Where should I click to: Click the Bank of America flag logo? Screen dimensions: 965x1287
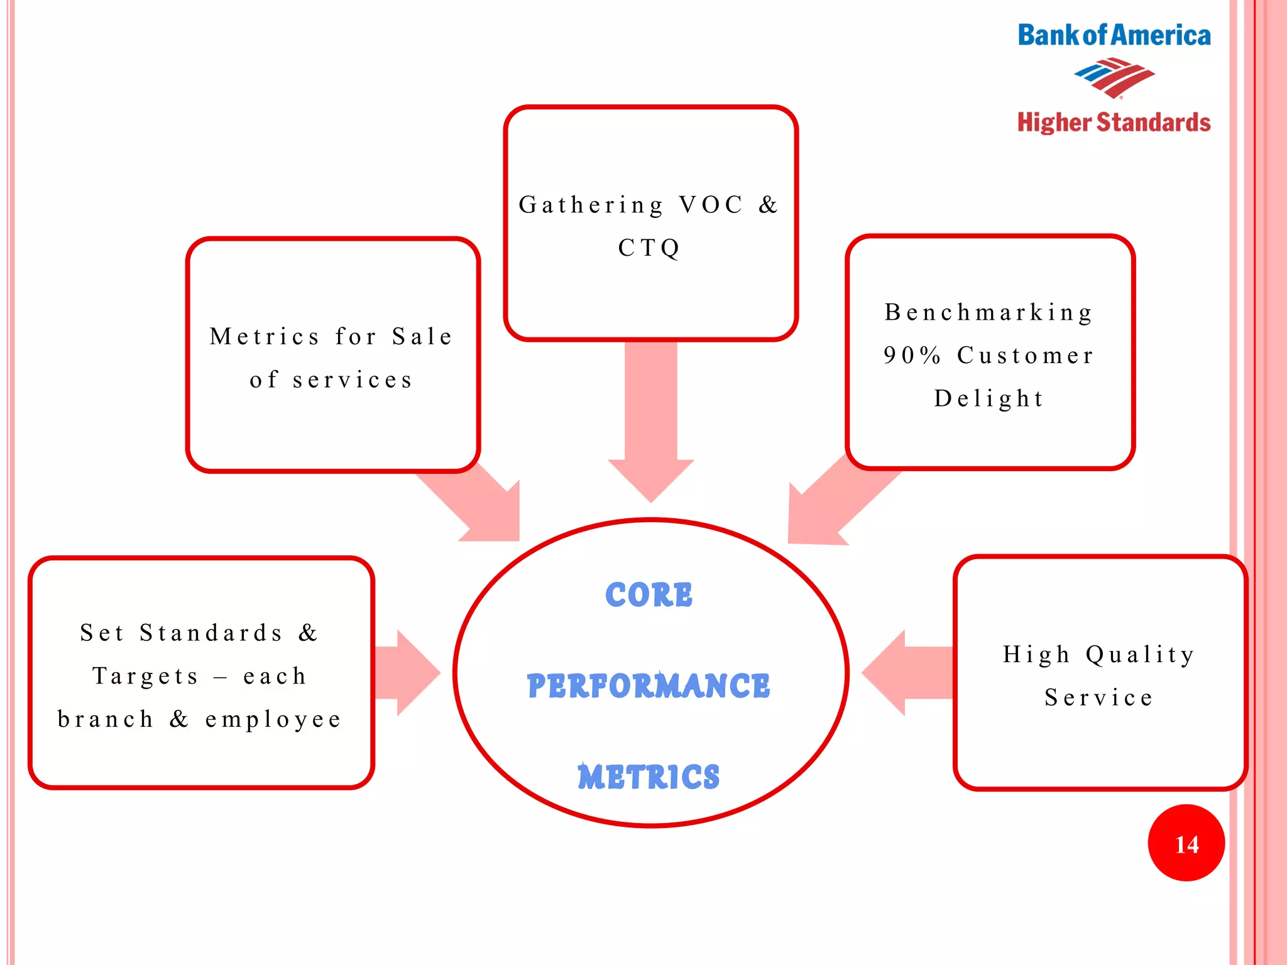pyautogui.click(x=1114, y=78)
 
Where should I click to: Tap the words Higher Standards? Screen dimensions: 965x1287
pyautogui.click(x=1114, y=123)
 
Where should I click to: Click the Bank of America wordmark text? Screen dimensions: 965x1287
pyautogui.click(x=1114, y=35)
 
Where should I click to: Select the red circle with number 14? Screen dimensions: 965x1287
pyautogui.click(x=1186, y=843)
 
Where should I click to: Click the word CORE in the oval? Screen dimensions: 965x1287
pyautogui.click(x=649, y=595)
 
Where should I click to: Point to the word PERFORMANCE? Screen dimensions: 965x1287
pyautogui.click(x=649, y=685)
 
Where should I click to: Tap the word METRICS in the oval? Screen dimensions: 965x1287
pyautogui.click(x=649, y=777)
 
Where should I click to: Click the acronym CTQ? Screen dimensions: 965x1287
pyautogui.click(x=649, y=248)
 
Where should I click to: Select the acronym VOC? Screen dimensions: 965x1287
pyautogui.click(x=711, y=205)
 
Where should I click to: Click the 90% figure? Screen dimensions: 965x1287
pyautogui.click(x=912, y=356)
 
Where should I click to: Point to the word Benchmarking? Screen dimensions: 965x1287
pyautogui.click(x=989, y=312)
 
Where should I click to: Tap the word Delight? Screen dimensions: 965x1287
pyautogui.click(x=989, y=398)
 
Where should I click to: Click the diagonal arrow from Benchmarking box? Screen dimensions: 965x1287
pyautogui.click(x=830, y=503)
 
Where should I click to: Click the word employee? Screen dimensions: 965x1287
pyautogui.click(x=274, y=719)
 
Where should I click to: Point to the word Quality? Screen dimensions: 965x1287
pyautogui.click(x=1140, y=655)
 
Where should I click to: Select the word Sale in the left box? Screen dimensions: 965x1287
pyautogui.click(x=422, y=337)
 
